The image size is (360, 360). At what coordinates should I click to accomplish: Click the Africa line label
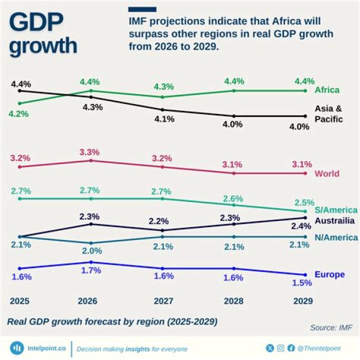[x=327, y=90]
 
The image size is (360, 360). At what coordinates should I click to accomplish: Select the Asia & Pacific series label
[x=328, y=114]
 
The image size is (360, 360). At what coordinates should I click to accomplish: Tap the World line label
[x=327, y=174]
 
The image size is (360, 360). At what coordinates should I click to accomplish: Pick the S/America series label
[x=336, y=210]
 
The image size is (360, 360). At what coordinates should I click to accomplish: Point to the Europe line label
[x=329, y=274]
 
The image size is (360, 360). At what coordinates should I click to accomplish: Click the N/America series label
[x=336, y=237]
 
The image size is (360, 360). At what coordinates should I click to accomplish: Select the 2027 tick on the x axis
[x=163, y=301]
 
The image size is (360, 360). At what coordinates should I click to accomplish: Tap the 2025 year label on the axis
[x=19, y=301]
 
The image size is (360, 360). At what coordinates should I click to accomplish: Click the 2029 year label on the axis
[x=302, y=301]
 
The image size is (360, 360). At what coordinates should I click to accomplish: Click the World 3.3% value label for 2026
[x=90, y=152]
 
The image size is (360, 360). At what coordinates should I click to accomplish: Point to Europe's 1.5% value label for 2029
[x=302, y=282]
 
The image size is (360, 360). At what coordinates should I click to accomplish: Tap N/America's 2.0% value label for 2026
[x=90, y=250]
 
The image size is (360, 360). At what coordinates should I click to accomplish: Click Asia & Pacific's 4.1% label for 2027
[x=163, y=119]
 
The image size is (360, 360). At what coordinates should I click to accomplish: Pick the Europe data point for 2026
[x=91, y=262]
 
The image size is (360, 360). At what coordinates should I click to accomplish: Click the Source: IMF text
[x=331, y=328]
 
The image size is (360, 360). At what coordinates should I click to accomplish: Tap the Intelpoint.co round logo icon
[x=17, y=348]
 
